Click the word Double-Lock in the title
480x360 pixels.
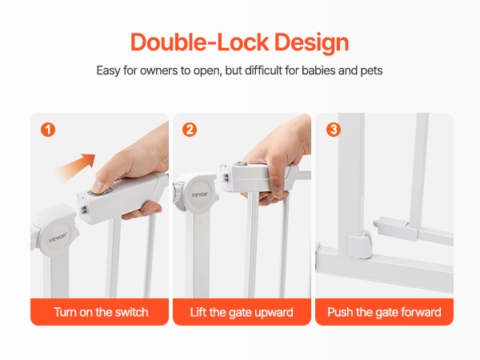[x=199, y=42]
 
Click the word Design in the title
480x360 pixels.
[x=312, y=43]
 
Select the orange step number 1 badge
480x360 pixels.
[x=48, y=130]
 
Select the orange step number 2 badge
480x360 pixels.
[x=190, y=130]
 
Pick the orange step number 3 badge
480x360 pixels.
[x=334, y=130]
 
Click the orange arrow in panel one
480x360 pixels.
[x=74, y=169]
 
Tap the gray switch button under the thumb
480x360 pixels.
[x=99, y=193]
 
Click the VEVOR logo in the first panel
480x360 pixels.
[x=58, y=238]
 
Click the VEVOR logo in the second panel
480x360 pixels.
[x=200, y=194]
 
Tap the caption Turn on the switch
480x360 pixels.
[x=101, y=312]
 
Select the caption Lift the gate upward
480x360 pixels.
[x=242, y=313]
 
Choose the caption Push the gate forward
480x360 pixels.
[x=384, y=312]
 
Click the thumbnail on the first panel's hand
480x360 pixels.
[x=98, y=186]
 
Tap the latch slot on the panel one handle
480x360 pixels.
[x=83, y=210]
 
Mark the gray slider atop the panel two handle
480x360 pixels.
[x=242, y=164]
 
